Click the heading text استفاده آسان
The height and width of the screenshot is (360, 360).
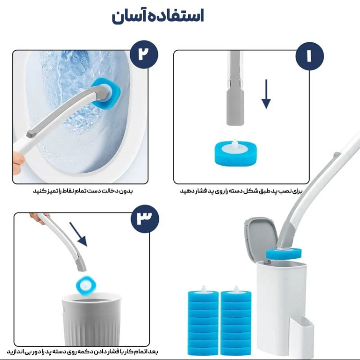click(158, 16)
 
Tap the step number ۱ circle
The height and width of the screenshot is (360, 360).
click(310, 56)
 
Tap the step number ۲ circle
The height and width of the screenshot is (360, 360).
click(144, 54)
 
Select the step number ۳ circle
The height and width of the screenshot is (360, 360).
click(145, 218)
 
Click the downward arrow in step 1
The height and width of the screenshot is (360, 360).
click(266, 94)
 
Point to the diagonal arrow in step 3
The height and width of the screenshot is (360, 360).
click(78, 234)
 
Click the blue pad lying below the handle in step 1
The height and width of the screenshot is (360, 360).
click(236, 153)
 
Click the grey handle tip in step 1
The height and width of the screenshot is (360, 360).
click(235, 108)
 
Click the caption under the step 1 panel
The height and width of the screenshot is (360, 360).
click(241, 191)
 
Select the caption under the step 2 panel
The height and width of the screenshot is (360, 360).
click(83, 191)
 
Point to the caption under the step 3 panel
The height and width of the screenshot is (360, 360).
click(83, 351)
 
